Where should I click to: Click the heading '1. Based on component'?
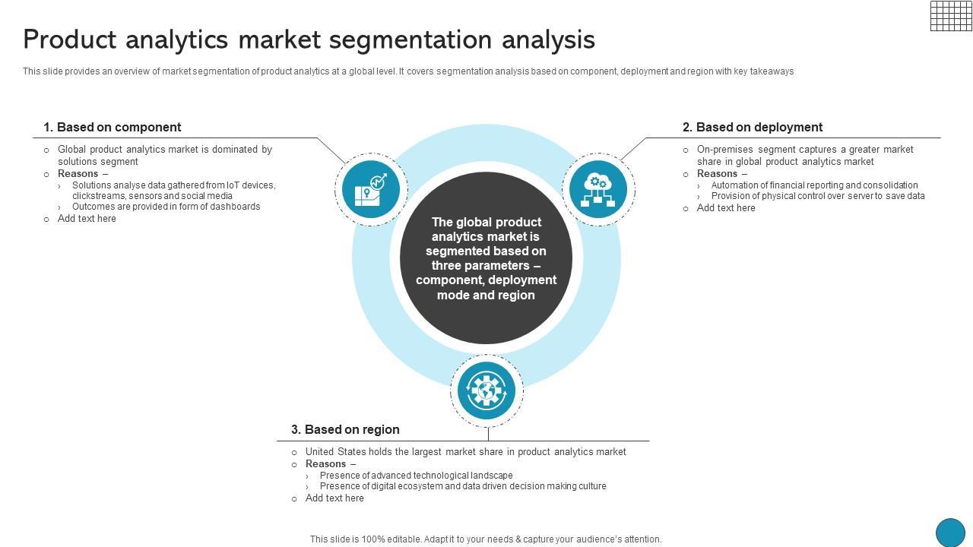112,127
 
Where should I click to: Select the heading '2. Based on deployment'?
752,127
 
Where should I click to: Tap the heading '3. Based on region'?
345,429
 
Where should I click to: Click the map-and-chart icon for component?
371,189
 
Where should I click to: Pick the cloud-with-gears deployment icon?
598,189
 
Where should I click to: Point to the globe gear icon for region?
486,390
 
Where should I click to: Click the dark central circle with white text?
486,258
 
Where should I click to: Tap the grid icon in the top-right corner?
950,15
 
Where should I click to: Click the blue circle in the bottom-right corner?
949,533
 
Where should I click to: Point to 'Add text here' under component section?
87,219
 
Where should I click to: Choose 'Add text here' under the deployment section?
726,208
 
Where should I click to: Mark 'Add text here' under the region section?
334,498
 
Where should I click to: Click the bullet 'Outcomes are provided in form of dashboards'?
166,207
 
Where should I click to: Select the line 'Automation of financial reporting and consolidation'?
814,185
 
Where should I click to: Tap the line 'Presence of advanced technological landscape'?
416,476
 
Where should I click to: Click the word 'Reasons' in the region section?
325,464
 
